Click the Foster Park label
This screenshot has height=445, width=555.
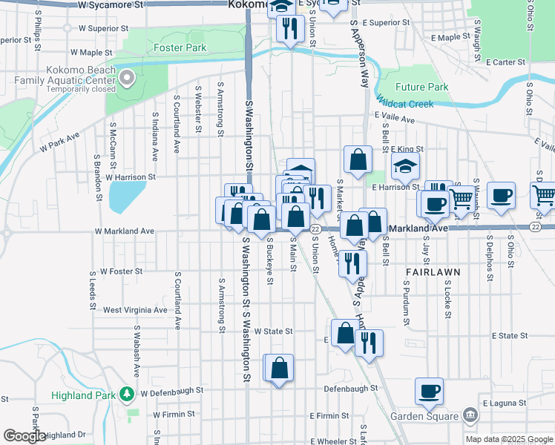click(180, 47)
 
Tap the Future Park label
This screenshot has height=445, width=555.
click(422, 87)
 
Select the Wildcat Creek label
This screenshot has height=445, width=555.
click(404, 104)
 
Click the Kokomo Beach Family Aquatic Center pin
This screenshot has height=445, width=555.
click(127, 76)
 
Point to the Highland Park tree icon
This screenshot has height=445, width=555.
click(128, 394)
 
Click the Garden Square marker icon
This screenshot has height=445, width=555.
click(469, 415)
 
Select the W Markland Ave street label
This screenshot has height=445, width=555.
click(125, 231)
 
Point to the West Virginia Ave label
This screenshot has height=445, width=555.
click(136, 310)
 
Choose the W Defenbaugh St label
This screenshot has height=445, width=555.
click(171, 389)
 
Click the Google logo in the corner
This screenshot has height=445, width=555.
click(24, 436)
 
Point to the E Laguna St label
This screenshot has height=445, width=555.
click(505, 403)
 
